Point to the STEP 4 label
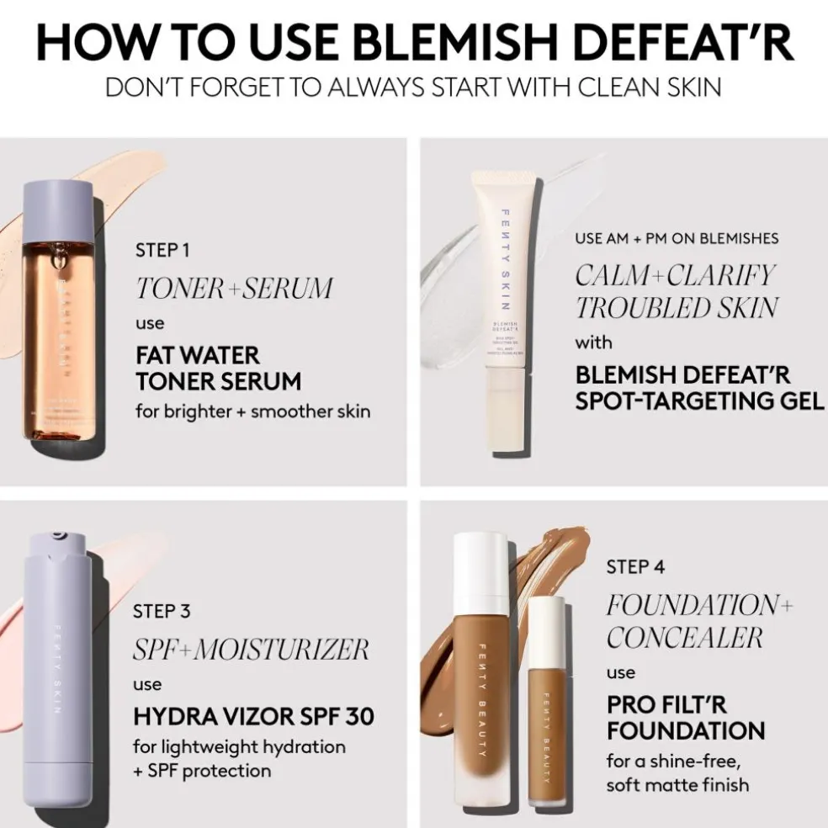point(635,567)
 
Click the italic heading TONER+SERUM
point(234,289)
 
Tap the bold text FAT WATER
point(198,356)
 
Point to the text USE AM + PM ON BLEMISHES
point(677,238)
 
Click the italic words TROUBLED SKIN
point(676,308)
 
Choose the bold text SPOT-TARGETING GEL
point(699,400)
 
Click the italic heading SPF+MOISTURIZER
point(251,649)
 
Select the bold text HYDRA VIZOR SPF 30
point(253,717)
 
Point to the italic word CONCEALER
point(684,638)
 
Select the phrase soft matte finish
point(677,785)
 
